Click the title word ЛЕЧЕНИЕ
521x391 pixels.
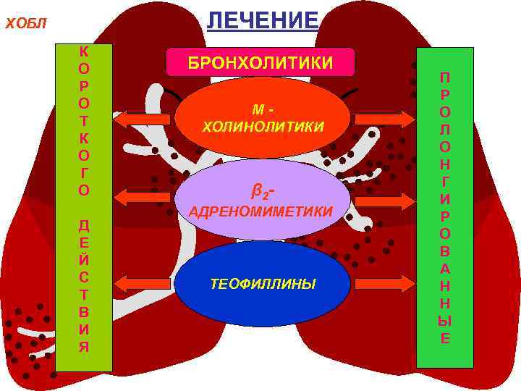click(262, 20)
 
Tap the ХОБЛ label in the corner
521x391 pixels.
click(25, 24)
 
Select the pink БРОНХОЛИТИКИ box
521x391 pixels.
click(260, 63)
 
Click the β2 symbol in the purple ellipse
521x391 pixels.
click(261, 193)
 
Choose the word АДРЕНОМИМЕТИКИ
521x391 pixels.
click(260, 211)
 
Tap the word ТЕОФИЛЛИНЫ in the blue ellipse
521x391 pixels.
click(263, 284)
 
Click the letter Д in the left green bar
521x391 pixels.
click(84, 226)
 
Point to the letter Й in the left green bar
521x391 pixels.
click(84, 258)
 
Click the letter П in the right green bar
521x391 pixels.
click(444, 78)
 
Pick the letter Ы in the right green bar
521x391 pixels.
click(444, 321)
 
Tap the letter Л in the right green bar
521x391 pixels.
click(444, 130)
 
